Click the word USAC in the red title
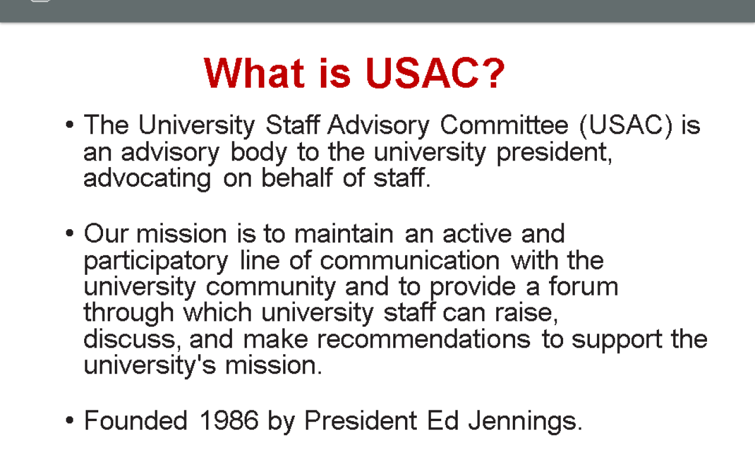tap(422, 73)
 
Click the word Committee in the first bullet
tap(504, 125)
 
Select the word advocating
tap(147, 179)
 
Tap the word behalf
tap(297, 177)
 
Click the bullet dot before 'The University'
tap(70, 125)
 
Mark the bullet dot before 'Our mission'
tap(70, 233)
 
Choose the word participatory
tap(156, 262)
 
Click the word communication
tap(410, 260)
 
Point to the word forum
tap(583, 286)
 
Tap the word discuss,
tap(133, 339)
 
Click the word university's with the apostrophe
tap(149, 365)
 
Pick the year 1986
tap(229, 421)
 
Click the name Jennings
tap(525, 422)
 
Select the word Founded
tap(136, 421)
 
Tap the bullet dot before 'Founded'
tap(70, 421)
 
